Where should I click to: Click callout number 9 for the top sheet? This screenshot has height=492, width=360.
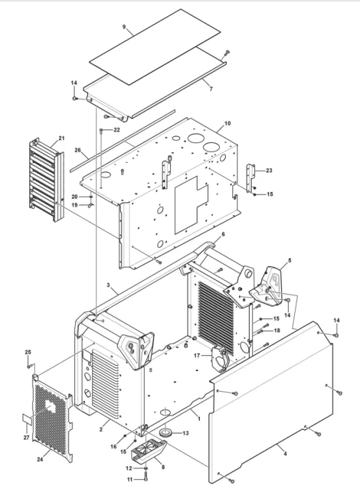(x=124, y=27)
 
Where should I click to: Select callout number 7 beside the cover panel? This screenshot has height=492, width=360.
(x=211, y=89)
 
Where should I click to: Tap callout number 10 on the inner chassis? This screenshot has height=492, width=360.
(x=228, y=123)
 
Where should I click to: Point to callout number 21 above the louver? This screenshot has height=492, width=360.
(x=62, y=138)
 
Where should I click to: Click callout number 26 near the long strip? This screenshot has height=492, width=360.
(x=78, y=150)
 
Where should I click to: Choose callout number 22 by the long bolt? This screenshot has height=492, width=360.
(x=117, y=130)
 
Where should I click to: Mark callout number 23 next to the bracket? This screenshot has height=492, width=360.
(x=269, y=170)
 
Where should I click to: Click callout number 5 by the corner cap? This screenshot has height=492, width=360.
(x=290, y=260)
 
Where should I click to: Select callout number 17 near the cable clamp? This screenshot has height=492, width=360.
(x=197, y=356)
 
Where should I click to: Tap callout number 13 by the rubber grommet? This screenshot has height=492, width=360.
(x=185, y=433)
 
